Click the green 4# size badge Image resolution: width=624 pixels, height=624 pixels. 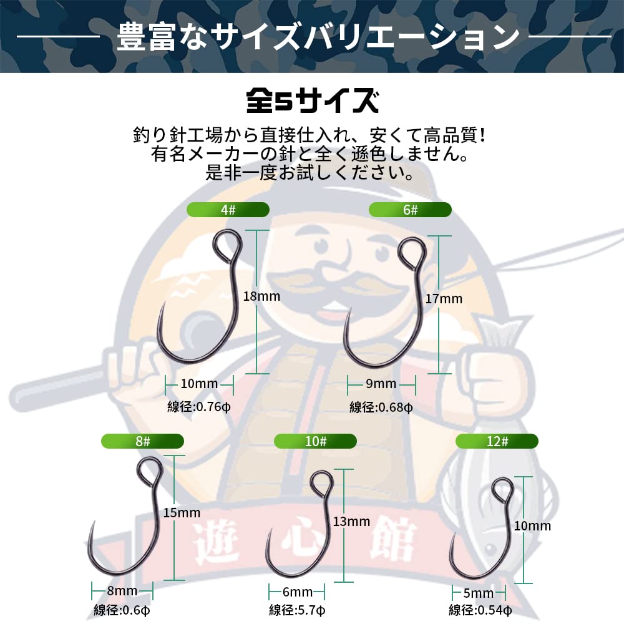(x=228, y=210)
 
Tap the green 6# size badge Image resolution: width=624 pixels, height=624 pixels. (x=410, y=210)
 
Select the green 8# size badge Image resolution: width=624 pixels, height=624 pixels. (x=143, y=441)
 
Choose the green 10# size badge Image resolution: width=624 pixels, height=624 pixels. (x=316, y=441)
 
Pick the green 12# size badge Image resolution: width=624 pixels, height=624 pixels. (x=497, y=441)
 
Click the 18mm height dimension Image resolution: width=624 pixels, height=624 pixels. (x=261, y=296)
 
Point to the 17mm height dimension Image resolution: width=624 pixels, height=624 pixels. (x=444, y=299)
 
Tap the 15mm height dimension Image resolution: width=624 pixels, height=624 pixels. (x=181, y=513)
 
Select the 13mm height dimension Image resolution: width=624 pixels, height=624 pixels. (x=351, y=522)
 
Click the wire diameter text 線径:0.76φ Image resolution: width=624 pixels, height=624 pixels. (x=195, y=407)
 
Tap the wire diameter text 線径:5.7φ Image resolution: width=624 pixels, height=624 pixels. (x=297, y=610)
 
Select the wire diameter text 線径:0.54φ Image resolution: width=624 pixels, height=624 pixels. (x=480, y=610)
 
